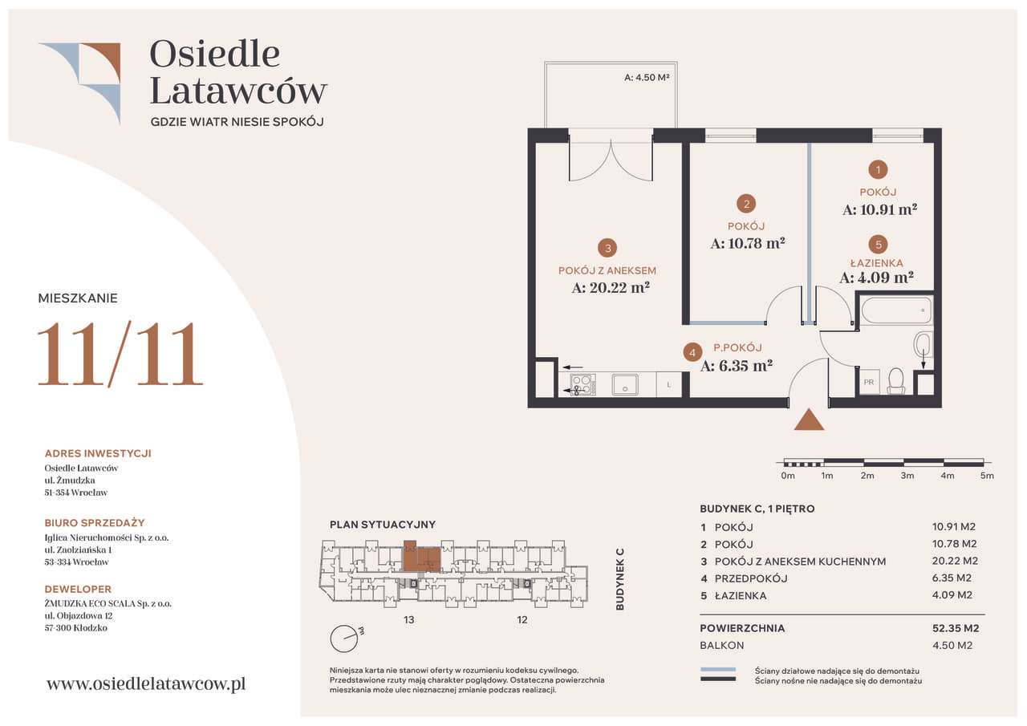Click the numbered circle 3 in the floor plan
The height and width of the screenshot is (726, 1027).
[607, 249]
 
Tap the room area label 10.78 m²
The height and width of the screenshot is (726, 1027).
[748, 243]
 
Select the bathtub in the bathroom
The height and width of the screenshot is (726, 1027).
[896, 310]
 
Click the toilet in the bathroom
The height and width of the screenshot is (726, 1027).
[895, 381]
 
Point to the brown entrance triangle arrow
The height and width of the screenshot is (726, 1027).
[809, 420]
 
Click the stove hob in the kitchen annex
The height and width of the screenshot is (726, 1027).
[583, 384]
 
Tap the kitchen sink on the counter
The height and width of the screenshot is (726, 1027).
[625, 384]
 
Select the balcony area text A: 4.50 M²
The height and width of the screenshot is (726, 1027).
[647, 78]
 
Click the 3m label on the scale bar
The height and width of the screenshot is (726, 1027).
[907, 476]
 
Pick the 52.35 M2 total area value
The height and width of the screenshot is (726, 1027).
[956, 628]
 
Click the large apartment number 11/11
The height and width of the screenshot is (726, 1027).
[120, 354]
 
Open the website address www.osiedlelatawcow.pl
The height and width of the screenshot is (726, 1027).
[146, 683]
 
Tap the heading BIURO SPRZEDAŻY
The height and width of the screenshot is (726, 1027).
[95, 523]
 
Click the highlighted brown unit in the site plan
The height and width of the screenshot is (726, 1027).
[421, 558]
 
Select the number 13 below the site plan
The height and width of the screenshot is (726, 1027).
[409, 619]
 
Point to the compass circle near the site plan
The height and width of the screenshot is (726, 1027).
[343, 639]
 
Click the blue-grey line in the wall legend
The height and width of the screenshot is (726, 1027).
[717, 670]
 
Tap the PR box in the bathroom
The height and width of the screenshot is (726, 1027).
[868, 382]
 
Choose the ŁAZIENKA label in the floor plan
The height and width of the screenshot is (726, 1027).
[877, 263]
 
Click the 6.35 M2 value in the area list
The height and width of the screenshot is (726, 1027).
[952, 578]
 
